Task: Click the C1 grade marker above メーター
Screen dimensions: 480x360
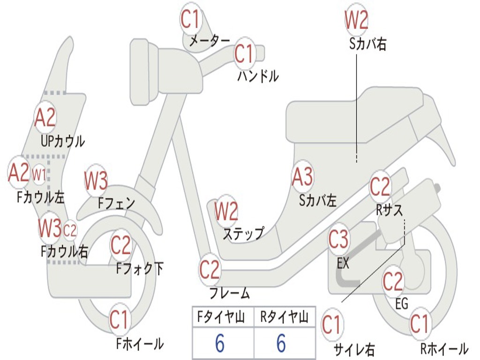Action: [190, 19]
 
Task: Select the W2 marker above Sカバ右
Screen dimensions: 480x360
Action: [356, 20]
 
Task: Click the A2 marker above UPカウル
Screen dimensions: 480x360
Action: [45, 118]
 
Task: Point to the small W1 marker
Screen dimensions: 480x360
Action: [39, 175]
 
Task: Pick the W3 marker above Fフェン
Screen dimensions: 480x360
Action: [96, 180]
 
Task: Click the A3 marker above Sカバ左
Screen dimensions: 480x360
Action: [302, 177]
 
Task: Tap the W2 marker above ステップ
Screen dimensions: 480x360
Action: [226, 211]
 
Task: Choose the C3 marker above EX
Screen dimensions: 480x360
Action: [338, 239]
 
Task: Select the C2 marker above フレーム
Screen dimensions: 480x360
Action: [210, 270]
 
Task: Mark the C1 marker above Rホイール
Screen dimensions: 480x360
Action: [420, 324]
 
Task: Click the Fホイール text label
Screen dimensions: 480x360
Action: [140, 344]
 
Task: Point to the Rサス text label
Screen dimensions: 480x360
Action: [390, 210]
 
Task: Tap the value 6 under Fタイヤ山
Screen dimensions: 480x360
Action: [220, 343]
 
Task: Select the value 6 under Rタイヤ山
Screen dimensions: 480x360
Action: [281, 343]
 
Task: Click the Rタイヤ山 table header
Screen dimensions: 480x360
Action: [285, 317]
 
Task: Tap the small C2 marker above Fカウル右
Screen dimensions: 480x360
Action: [70, 230]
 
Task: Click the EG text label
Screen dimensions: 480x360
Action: [402, 304]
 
